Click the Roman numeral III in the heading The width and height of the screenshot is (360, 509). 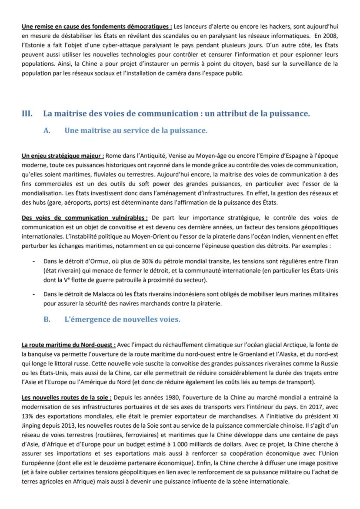[x=27, y=114]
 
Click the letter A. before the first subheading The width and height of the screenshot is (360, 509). [x=47, y=130]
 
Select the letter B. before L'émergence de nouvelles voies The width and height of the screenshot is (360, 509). [x=47, y=319]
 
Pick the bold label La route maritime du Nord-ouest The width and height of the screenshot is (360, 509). [x=69, y=345]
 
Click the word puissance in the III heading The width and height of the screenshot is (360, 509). [x=287, y=114]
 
